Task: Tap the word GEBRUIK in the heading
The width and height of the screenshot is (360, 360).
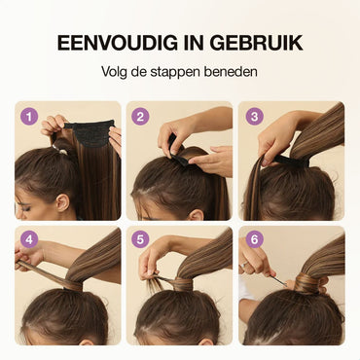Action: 256,43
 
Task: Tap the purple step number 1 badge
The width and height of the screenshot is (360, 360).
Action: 29,117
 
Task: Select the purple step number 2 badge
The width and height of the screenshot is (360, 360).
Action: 140,117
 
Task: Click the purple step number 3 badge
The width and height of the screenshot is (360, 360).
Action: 255,117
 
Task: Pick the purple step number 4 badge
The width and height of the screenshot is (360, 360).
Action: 29,240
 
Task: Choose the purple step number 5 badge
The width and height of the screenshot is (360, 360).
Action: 140,240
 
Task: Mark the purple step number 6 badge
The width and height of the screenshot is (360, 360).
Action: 255,240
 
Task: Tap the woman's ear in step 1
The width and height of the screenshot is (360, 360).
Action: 62,203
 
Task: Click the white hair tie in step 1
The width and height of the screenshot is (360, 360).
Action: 61,150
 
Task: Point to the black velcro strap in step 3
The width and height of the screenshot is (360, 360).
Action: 290,161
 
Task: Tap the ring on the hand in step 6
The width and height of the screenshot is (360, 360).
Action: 243,265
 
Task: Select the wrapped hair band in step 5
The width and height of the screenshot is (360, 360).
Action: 183,284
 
